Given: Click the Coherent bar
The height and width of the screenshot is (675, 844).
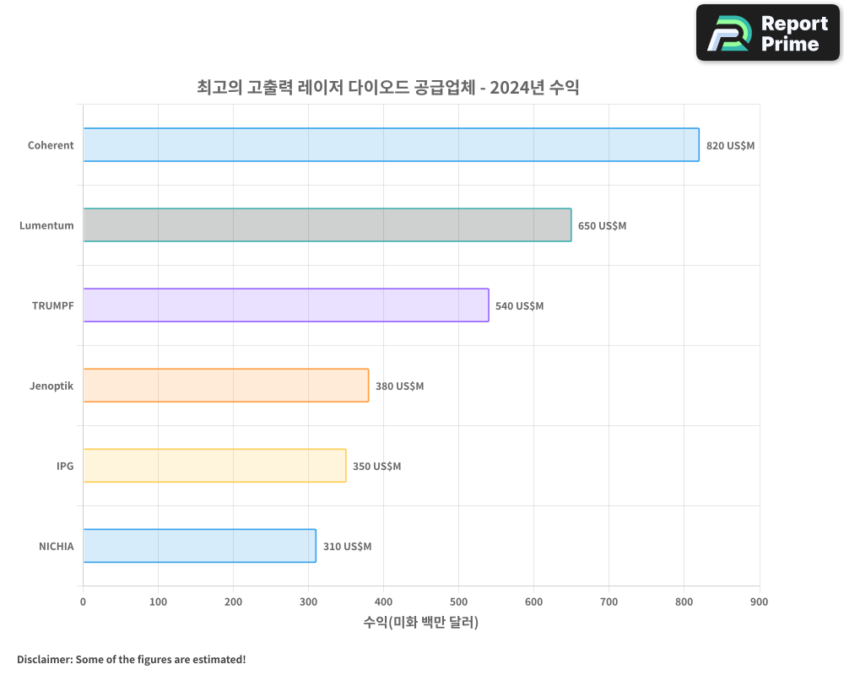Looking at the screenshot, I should [391, 145].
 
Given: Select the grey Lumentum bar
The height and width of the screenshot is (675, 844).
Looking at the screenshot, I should [327, 225].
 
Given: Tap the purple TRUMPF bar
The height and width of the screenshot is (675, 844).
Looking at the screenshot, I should [285, 305].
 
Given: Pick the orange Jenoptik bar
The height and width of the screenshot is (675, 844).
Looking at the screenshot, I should [225, 386].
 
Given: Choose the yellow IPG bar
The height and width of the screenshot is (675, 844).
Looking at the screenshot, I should [214, 466].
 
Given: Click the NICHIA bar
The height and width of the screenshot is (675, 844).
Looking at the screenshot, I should [199, 546].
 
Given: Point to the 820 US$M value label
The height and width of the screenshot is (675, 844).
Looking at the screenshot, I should [730, 146].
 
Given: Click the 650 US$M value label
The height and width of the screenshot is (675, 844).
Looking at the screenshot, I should [602, 226].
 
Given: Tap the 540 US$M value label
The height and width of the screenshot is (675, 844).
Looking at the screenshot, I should [519, 306].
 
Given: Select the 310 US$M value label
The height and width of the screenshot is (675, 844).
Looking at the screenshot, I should [347, 547].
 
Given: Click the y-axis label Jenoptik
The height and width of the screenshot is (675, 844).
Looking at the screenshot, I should [51, 386].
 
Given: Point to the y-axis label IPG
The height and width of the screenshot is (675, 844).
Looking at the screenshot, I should [65, 466].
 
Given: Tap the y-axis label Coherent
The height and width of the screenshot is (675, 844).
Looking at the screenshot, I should [51, 145].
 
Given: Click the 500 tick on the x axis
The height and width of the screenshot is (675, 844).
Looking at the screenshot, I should [458, 602].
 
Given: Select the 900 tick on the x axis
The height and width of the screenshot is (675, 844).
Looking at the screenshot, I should [759, 602].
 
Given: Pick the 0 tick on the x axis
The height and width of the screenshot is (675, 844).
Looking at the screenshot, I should [83, 602].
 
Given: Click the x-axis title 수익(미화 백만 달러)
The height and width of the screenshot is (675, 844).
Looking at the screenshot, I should [421, 623].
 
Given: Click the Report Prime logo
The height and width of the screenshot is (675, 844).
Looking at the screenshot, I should [767, 33].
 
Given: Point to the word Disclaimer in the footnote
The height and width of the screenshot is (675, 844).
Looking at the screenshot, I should [44, 659].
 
